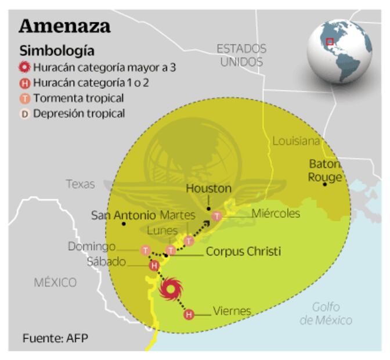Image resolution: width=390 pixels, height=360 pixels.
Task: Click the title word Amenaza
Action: click(x=64, y=26)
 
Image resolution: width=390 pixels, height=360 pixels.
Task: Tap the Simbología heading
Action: click(x=57, y=51)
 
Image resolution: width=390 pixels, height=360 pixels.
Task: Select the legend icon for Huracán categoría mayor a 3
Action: click(x=25, y=67)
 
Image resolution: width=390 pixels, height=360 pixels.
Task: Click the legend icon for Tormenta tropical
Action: click(x=25, y=98)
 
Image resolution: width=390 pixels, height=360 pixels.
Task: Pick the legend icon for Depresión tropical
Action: click(x=25, y=114)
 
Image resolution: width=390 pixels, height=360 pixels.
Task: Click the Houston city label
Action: click(x=208, y=189)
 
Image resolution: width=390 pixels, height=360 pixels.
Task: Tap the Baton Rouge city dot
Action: click(x=325, y=184)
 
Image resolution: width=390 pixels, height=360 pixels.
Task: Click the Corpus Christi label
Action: click(x=243, y=252)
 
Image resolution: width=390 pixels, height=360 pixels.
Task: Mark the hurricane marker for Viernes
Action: click(x=189, y=315)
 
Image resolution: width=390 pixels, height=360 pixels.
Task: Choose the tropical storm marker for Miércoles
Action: click(x=216, y=216)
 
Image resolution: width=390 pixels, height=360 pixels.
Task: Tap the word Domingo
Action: click(x=91, y=247)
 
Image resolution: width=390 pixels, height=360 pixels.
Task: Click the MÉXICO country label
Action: click(x=55, y=283)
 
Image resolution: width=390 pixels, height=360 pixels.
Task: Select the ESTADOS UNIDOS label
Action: click(x=241, y=55)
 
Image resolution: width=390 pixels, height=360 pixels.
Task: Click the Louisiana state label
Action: click(x=296, y=141)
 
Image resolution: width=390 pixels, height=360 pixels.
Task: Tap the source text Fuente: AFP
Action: click(x=56, y=337)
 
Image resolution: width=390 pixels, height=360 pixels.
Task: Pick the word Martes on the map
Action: click(x=177, y=215)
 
